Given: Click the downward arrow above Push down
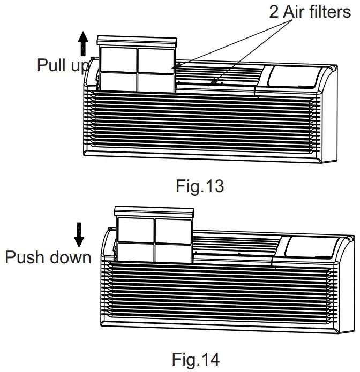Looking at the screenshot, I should pos(79,233).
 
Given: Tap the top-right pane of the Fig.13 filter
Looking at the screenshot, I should pos(155,59).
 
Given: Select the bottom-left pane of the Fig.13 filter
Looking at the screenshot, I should pos(118,81).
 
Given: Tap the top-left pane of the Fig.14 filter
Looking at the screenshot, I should pos(136,229).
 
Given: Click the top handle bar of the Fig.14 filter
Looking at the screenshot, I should pos(153,210).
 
